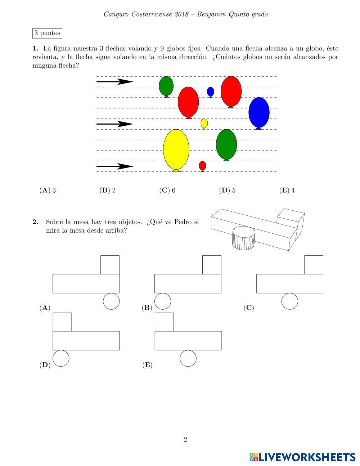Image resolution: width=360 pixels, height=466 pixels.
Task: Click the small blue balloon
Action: [211, 91]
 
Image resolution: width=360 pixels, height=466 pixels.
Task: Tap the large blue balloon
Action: [259, 112]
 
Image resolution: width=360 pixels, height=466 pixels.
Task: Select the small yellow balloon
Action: [204, 123]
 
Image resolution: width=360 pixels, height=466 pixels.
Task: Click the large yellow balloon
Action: [176, 149]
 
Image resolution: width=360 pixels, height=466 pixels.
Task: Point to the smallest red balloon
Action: [202, 165]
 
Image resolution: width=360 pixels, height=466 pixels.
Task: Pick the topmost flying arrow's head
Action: [126, 82]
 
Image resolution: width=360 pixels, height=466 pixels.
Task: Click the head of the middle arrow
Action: [126, 124]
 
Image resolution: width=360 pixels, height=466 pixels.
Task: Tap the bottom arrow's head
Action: [126, 166]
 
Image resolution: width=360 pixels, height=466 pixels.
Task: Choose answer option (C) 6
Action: [167, 191]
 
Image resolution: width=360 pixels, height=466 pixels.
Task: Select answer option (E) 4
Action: [287, 191]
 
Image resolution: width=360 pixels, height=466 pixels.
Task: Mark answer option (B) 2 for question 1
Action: [108, 191]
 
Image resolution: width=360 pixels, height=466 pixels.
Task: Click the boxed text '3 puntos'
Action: [47, 33]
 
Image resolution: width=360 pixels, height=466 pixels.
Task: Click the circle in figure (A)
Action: [111, 301]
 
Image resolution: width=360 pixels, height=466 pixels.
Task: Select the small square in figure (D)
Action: [62, 322]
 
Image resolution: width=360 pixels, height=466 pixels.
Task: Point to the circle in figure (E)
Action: [188, 358]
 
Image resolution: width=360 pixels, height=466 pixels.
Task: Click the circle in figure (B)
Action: [163, 301]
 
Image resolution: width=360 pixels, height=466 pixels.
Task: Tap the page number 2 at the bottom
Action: [185, 439]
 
